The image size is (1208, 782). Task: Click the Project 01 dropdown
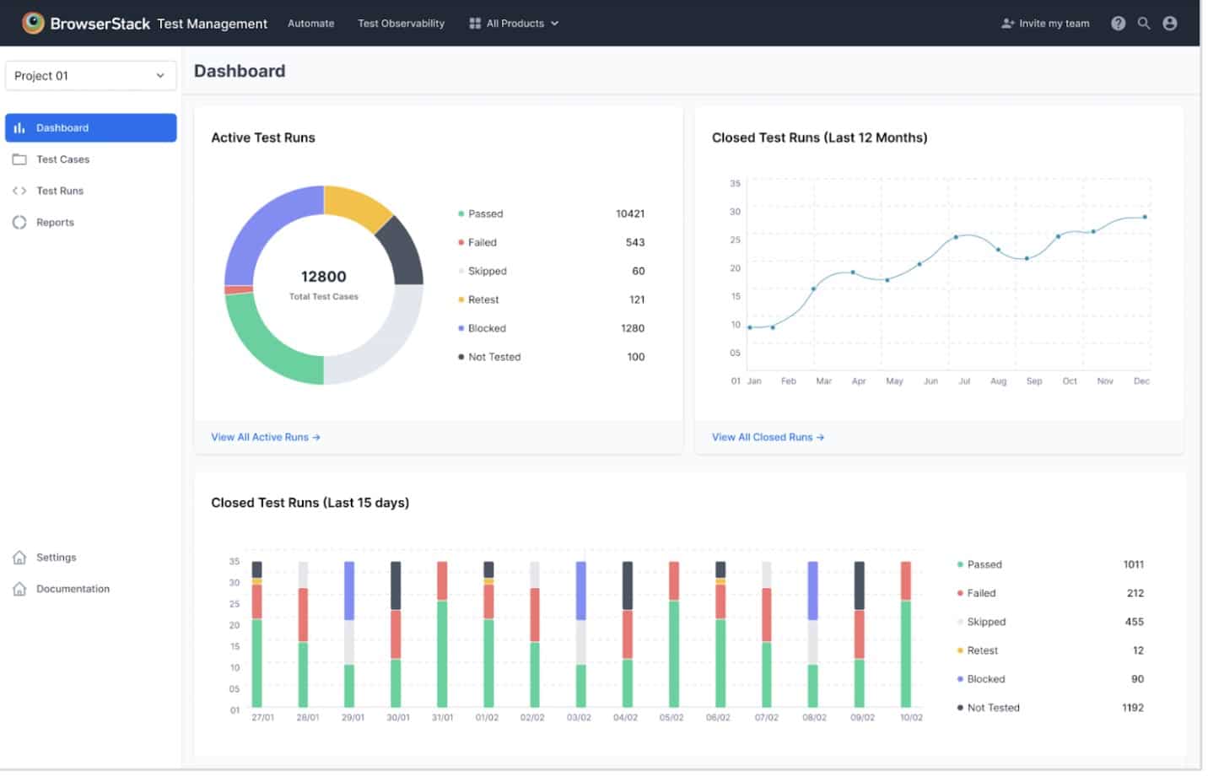[90, 76]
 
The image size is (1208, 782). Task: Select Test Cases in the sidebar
[62, 159]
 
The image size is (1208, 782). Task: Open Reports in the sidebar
[55, 223]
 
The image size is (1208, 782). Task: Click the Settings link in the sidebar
[56, 558]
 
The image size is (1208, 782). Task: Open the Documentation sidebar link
[73, 589]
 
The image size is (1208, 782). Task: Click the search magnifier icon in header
[1143, 24]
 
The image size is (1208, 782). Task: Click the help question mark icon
[1118, 24]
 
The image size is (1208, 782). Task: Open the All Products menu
[514, 24]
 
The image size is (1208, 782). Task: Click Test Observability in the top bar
[401, 24]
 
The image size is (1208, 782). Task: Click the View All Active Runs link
[265, 437]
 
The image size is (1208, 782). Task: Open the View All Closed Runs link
[767, 437]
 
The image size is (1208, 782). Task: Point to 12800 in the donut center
[323, 277]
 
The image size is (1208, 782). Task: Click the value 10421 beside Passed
[629, 214]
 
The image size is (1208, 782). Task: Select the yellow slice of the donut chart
[356, 205]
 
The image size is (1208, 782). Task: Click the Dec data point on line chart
[1145, 217]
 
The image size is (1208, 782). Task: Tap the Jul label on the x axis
[964, 381]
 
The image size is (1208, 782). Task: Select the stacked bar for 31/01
[442, 634]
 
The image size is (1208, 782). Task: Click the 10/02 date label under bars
[911, 718]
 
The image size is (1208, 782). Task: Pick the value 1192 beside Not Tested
[1132, 708]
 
